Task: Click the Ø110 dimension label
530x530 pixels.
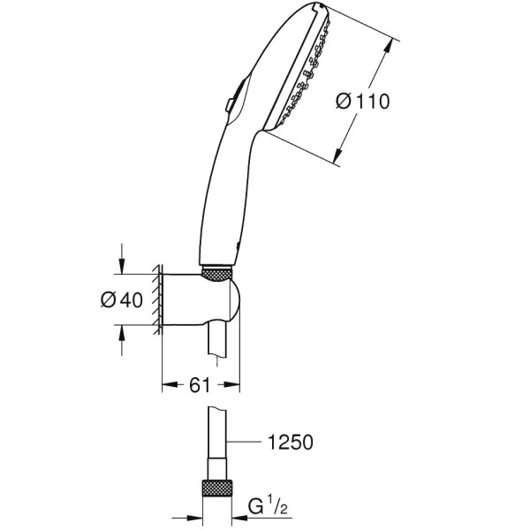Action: (363, 102)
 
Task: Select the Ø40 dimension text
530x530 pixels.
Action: (122, 299)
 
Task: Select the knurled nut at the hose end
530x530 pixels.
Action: (217, 490)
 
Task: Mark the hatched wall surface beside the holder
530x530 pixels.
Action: (155, 300)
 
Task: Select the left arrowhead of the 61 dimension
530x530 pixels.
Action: (167, 385)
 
